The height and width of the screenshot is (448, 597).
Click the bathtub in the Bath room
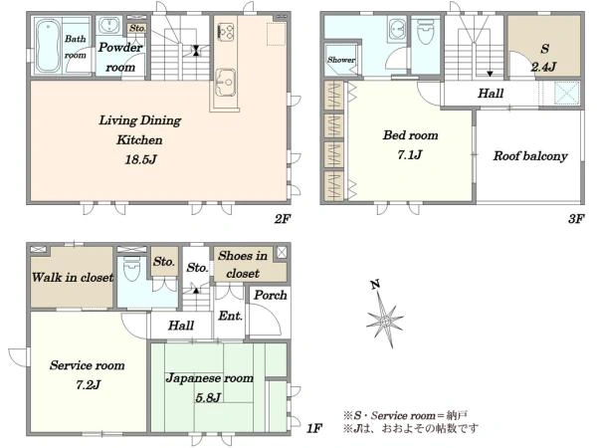pos(48,46)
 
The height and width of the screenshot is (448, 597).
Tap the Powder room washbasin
pos(109,26)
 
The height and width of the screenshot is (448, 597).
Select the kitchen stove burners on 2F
pos(226,31)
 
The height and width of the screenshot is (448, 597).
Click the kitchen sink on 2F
pos(225,83)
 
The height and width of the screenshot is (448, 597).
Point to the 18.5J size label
pos(141,159)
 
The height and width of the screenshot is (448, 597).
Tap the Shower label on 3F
pos(340,60)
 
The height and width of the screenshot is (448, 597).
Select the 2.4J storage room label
pos(543,67)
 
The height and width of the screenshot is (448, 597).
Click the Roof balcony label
pos(530,156)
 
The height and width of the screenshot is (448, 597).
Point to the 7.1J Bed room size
pos(410,154)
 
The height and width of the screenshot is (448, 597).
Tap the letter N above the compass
pos(375,284)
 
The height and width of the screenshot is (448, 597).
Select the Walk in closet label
pos(73,278)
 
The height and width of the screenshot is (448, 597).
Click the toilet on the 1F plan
pos(131,268)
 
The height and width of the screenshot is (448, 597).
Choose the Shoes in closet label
pos(243,265)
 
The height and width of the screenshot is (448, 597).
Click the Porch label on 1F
pos(271,295)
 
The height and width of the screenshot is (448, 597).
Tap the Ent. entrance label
pos(231,316)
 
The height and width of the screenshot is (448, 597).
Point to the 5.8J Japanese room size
pos(208,398)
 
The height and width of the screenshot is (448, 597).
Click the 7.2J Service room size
pos(88,385)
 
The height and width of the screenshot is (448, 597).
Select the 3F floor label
pos(576,219)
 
